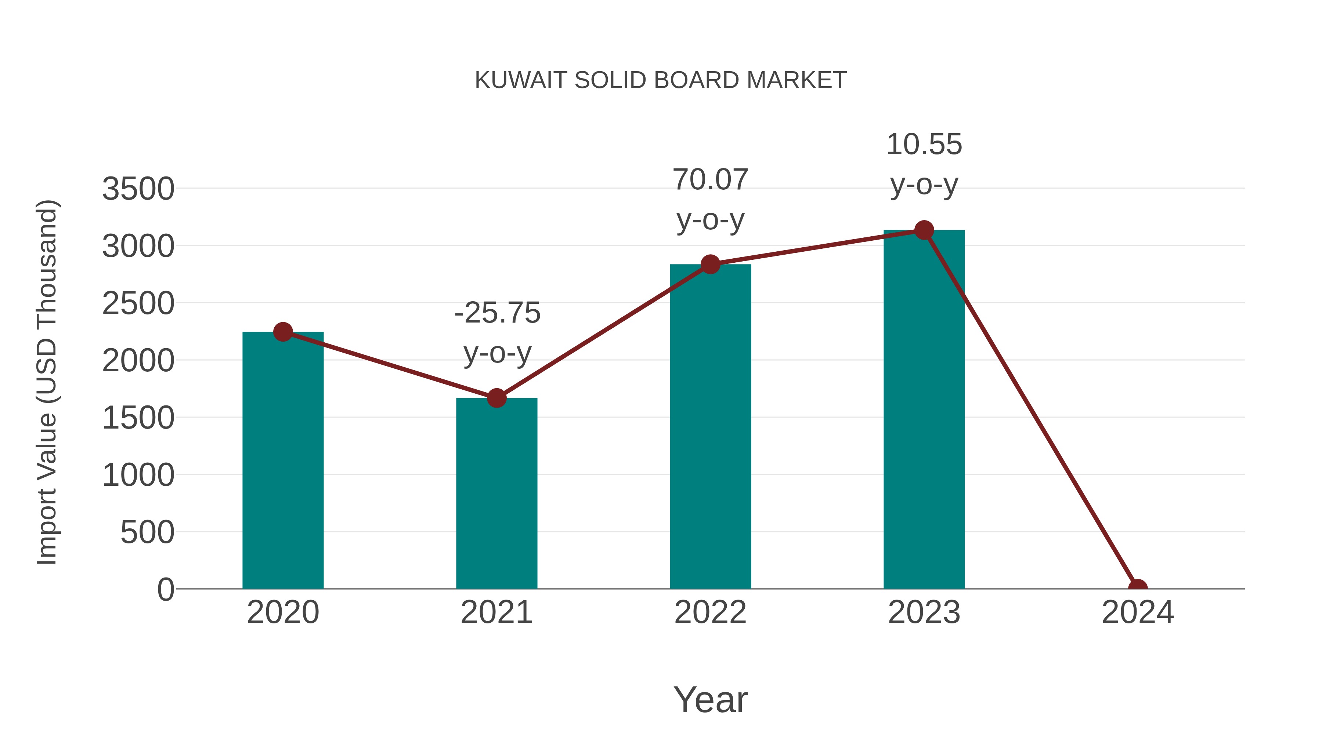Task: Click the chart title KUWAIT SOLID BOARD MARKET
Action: point(661,80)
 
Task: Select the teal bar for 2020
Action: point(283,462)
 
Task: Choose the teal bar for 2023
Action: point(924,410)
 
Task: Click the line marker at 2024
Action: point(1137,588)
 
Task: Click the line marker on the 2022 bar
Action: point(710,264)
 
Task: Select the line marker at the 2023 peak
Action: point(924,230)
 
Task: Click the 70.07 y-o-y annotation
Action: point(710,200)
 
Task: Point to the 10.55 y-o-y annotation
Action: point(924,164)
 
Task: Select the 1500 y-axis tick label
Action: point(138,418)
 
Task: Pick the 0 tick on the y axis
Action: point(166,590)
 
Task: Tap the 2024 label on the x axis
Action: point(1137,612)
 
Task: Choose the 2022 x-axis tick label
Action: point(710,612)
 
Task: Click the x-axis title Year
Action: point(710,699)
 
